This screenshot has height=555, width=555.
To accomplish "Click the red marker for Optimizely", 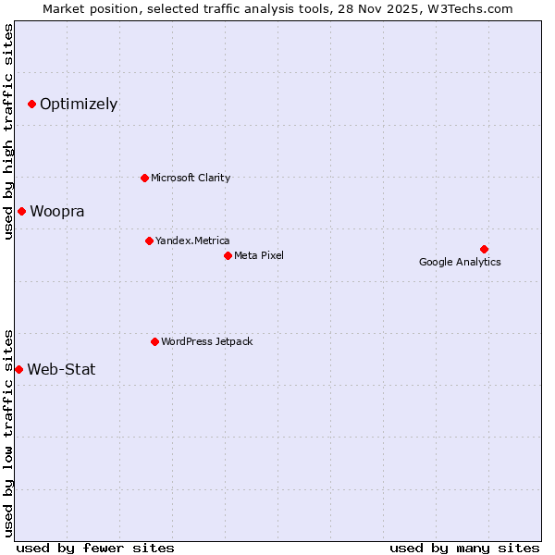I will pyautogui.click(x=31, y=104).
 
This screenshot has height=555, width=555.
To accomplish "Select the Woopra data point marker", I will pyautogui.click(x=21, y=211).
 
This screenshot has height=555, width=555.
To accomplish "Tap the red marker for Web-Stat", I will pyautogui.click(x=18, y=369).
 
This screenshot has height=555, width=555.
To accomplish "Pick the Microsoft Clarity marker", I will pyautogui.click(x=144, y=178).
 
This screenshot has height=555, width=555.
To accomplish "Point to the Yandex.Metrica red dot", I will pyautogui.click(x=149, y=240).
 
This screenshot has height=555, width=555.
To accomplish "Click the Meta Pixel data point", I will pyautogui.click(x=228, y=255).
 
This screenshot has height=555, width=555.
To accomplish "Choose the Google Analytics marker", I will pyautogui.click(x=484, y=249).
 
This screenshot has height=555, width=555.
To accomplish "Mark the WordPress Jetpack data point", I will pyautogui.click(x=154, y=341).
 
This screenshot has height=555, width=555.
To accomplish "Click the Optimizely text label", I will pyautogui.click(x=79, y=104).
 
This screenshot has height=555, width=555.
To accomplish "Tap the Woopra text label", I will pyautogui.click(x=57, y=211).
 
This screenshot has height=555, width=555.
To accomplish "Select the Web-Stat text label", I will pyautogui.click(x=61, y=369).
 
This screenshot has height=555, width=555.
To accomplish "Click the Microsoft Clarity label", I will pyautogui.click(x=191, y=178).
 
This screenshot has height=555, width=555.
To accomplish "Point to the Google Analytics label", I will pyautogui.click(x=460, y=262).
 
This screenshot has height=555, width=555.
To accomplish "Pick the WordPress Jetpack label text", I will pyautogui.click(x=207, y=341).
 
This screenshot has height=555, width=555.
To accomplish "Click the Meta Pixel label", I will pyautogui.click(x=259, y=255).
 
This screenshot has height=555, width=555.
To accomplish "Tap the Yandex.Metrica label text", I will pyautogui.click(x=192, y=240).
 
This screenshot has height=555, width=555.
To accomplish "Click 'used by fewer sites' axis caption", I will pyautogui.click(x=95, y=548).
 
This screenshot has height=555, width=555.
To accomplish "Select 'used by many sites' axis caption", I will pyautogui.click(x=464, y=548).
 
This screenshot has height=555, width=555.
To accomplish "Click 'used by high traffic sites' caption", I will pyautogui.click(x=8, y=131).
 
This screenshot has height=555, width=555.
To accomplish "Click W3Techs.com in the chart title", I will pyautogui.click(x=475, y=8).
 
